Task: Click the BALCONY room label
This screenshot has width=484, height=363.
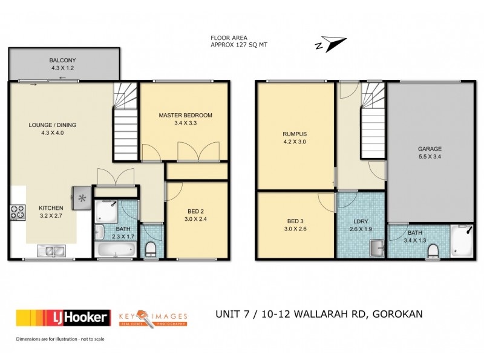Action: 62,60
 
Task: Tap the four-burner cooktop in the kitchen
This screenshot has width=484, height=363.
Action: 17,212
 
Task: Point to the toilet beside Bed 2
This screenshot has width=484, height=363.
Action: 151,249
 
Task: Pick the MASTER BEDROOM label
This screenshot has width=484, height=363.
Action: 186,115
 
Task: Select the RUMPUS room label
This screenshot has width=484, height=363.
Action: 295,134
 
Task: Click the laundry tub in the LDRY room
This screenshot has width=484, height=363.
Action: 378,247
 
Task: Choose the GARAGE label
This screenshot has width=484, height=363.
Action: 430,149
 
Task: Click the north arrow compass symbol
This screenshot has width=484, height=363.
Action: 330,44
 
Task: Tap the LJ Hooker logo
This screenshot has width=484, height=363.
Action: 64,317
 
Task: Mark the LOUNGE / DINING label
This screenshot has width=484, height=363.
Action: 52,125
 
